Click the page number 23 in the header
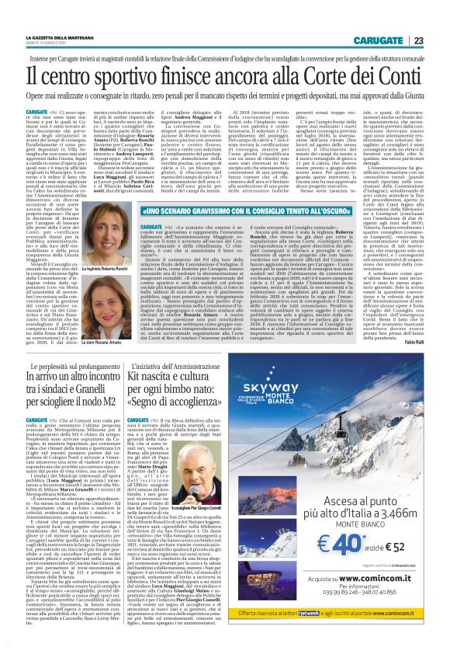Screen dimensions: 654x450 pyautogui.click(x=417, y=18)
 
